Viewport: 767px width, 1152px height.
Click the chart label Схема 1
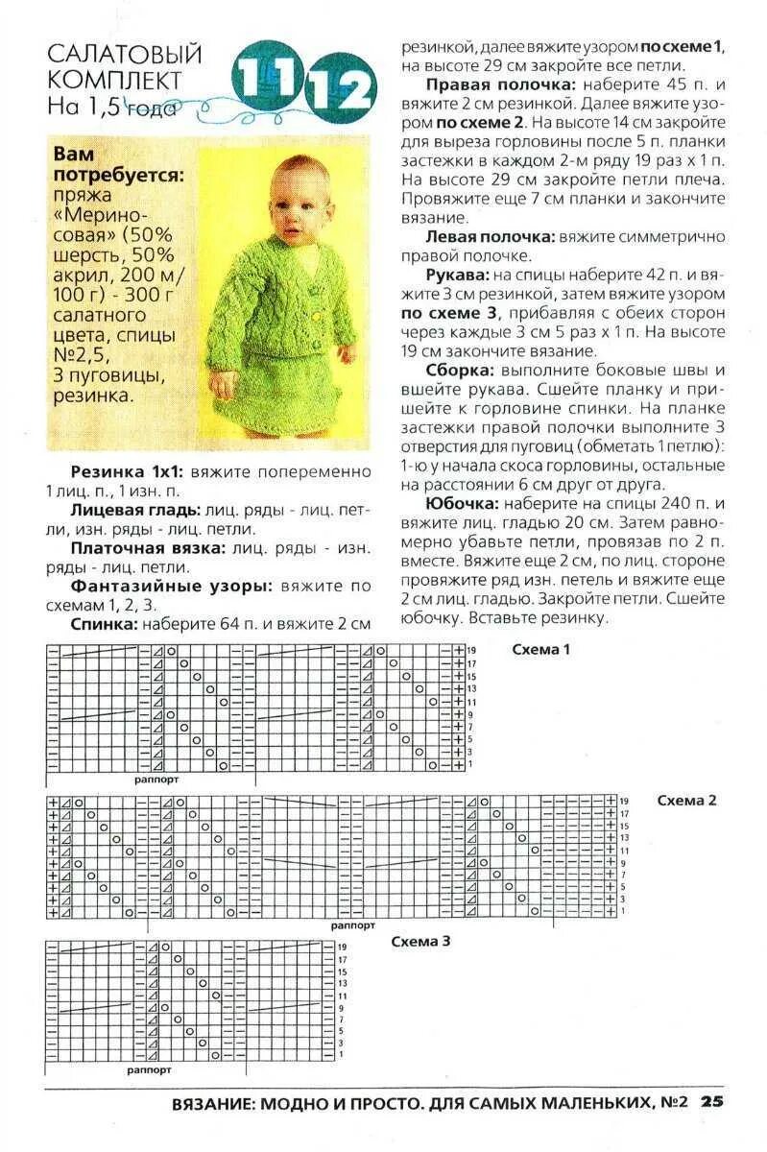pos(540,650)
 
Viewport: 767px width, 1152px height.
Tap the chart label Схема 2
pos(686,800)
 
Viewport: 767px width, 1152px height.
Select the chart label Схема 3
pos(420,941)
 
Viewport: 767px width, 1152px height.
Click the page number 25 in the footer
pos(711,1102)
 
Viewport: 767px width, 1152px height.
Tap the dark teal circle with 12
pos(338,92)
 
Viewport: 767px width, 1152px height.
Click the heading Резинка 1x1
pos(128,472)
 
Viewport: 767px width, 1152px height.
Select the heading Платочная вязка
pos(147,548)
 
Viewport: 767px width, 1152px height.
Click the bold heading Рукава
pos(455,275)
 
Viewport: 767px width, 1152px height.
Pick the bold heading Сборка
pos(460,370)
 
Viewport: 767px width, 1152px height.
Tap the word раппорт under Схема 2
pos(352,926)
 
